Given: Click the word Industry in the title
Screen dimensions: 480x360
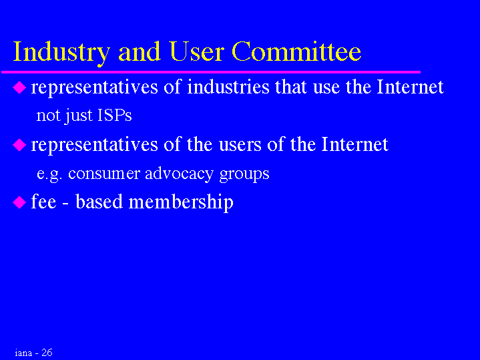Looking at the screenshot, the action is click(61, 53).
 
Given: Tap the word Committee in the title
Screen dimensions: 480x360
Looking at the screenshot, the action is click(296, 51).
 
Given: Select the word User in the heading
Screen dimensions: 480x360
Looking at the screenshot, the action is click(196, 51).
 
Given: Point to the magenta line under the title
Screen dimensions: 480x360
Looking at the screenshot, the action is click(211, 72).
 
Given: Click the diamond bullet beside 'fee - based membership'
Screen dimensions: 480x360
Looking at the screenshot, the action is click(19, 202).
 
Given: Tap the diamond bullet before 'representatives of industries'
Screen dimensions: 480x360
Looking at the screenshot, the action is click(19, 87).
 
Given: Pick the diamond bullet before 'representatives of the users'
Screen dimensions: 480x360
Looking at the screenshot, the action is click(19, 145).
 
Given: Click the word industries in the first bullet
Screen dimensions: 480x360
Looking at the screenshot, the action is click(228, 87).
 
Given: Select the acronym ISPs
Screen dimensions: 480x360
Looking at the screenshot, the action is click(114, 115).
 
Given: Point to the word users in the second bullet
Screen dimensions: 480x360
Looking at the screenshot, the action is click(240, 144).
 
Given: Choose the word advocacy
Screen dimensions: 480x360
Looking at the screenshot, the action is click(179, 174).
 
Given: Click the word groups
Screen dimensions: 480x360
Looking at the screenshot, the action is click(244, 174).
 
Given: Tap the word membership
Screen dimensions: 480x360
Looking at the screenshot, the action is click(181, 202).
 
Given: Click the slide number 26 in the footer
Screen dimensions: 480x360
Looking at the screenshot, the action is click(47, 353).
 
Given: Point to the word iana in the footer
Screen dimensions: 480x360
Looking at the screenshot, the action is click(23, 353).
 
